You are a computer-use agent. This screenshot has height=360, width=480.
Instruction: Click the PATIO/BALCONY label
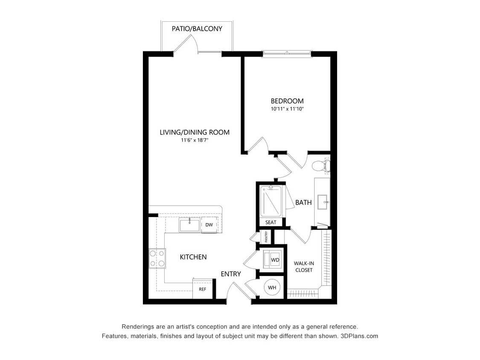[197, 29]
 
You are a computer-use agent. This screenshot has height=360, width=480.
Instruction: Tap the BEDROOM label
[287, 101]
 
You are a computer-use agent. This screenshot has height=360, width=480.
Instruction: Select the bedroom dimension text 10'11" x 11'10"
[287, 109]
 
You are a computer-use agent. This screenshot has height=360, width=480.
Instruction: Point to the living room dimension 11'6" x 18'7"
[195, 140]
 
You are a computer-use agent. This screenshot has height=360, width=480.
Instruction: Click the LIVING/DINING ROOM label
[195, 132]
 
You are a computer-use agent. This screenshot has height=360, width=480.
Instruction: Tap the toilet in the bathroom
[321, 166]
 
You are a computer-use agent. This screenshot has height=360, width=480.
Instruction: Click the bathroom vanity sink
[323, 202]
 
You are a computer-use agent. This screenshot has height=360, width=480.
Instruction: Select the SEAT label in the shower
[271, 222]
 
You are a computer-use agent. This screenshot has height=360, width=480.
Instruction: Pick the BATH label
[303, 202]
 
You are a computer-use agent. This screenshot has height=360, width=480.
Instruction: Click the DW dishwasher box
[209, 225]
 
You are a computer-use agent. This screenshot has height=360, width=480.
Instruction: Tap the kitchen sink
[190, 225]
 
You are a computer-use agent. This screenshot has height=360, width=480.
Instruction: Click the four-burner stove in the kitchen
[157, 258]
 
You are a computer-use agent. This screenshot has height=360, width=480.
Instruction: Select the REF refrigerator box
[203, 289]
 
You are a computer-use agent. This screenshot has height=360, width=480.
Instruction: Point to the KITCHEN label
[193, 257]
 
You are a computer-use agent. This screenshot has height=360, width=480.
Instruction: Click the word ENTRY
[231, 274]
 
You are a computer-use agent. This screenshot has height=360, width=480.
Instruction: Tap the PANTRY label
[266, 237]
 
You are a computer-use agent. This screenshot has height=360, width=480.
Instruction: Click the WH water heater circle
[272, 288]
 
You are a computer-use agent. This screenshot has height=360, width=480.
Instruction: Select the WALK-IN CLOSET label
[304, 267]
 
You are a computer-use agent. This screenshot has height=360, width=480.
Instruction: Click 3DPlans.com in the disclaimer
[359, 336]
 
